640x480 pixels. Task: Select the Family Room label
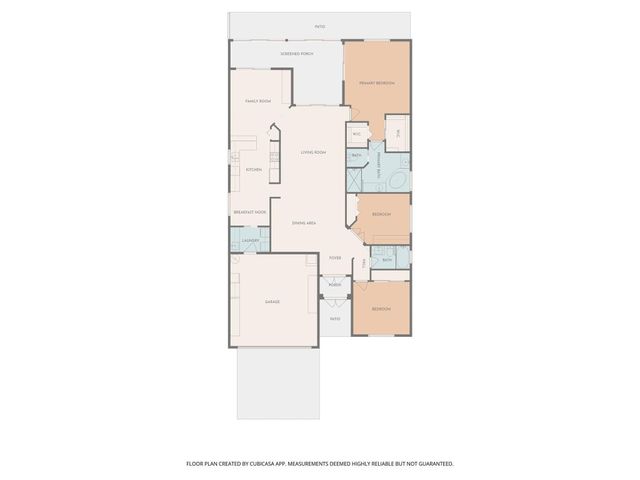(258, 101)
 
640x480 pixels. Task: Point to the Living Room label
(313, 152)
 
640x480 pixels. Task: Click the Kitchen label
(254, 169)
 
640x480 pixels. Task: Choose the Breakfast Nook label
(249, 212)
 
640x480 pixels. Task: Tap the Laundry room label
(251, 241)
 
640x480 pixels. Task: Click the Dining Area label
(305, 222)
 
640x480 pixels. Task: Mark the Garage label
(272, 301)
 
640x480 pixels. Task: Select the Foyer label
(335, 258)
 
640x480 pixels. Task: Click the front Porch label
(334, 285)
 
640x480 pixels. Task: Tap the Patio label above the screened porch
(320, 27)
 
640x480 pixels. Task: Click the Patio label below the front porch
(335, 319)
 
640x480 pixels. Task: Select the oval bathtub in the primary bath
(396, 181)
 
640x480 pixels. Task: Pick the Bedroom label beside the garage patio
(381, 309)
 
